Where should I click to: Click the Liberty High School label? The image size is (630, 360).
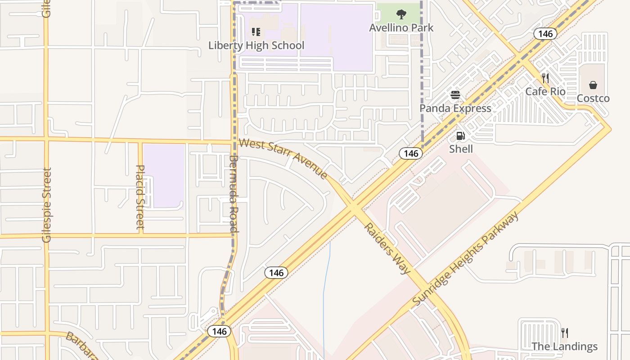point(256,45)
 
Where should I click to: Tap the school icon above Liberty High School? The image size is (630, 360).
point(256,31)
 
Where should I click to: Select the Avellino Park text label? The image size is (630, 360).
point(401,28)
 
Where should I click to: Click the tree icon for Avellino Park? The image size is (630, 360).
point(401,14)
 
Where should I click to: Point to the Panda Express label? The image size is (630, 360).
point(455,108)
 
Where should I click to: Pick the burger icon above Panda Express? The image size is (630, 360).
point(455,95)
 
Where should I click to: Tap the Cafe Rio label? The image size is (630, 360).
point(545,92)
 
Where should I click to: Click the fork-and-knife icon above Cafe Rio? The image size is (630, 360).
point(545,78)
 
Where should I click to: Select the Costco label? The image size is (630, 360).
point(593,99)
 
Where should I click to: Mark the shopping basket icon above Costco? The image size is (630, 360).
point(593,85)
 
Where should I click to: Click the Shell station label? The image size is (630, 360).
point(461,149)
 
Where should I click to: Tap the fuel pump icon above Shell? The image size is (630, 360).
point(461,135)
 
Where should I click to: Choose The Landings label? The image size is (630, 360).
point(565,346)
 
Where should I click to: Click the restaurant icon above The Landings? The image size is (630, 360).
point(565,333)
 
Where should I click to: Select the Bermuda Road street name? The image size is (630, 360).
point(233,193)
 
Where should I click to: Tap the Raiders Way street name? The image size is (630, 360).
point(387,248)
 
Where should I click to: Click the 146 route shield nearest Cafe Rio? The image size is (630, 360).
point(545,34)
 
